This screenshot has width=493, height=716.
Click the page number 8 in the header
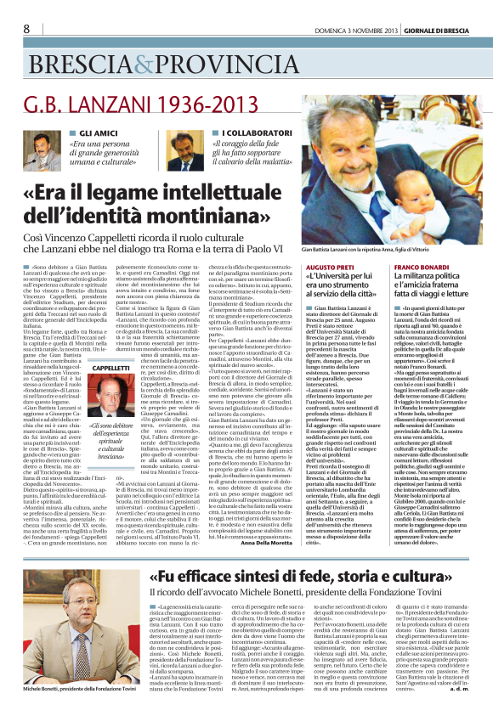pyautogui.click(x=26, y=29)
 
